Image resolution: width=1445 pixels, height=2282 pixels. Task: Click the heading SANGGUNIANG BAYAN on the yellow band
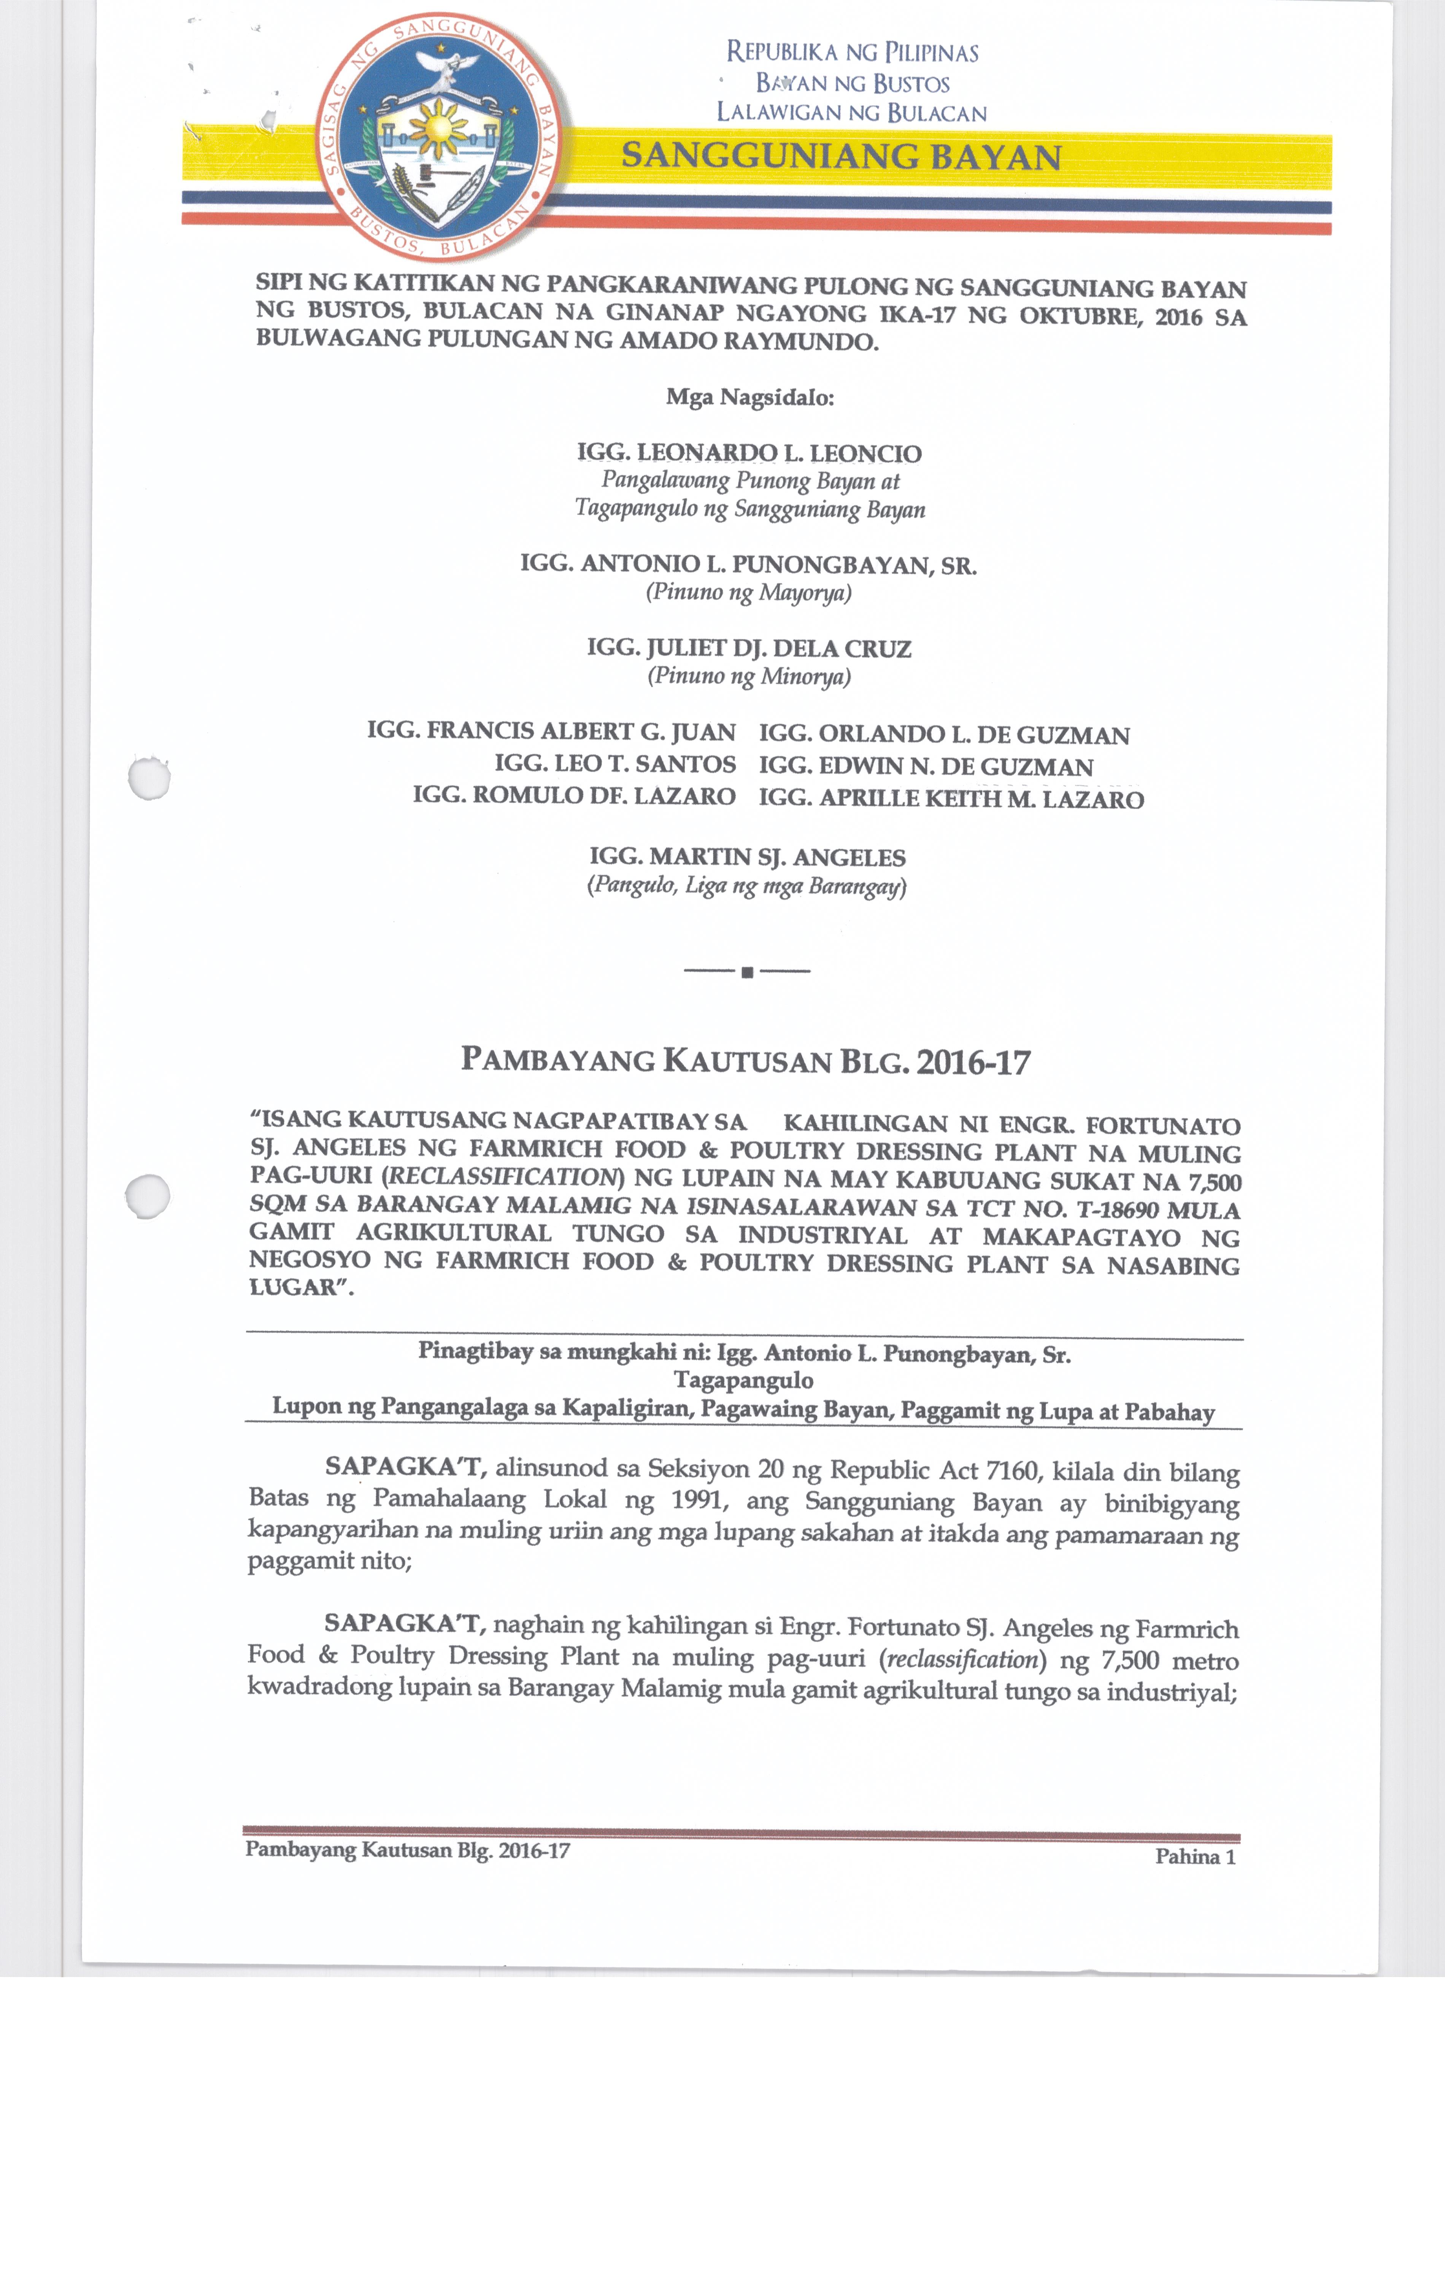(842, 156)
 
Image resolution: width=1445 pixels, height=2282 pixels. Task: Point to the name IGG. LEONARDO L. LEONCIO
(749, 453)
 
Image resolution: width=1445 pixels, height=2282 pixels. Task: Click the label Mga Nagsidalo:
(749, 397)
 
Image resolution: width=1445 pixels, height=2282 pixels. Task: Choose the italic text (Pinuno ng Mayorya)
(749, 593)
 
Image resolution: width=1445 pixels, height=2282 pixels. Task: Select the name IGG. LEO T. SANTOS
(615, 764)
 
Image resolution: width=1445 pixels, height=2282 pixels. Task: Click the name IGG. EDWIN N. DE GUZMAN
(926, 767)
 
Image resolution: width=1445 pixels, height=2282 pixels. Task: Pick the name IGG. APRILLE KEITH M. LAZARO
(951, 799)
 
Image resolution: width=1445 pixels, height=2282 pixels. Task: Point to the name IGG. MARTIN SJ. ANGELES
(748, 858)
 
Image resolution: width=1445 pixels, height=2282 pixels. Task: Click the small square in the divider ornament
(747, 971)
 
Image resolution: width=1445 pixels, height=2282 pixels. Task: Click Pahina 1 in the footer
(1195, 1856)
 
